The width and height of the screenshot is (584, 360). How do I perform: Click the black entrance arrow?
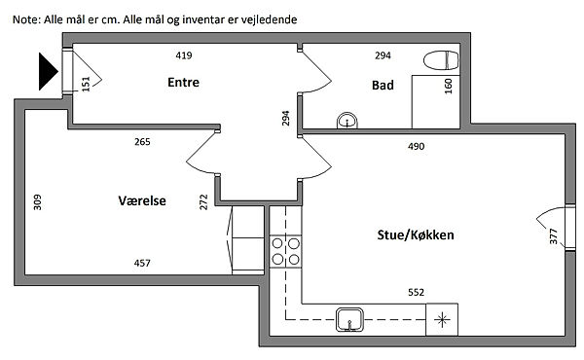tap(47, 71)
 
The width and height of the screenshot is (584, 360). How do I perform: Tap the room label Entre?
tap(183, 83)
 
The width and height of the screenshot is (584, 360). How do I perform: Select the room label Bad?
tap(383, 86)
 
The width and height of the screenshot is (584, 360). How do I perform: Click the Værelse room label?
tap(142, 200)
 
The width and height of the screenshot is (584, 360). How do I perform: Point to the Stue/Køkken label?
tap(416, 234)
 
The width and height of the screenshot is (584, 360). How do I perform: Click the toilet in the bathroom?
tap(441, 60)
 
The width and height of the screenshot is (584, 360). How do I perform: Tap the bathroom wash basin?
tap(347, 121)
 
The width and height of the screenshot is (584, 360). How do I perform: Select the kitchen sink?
tap(349, 319)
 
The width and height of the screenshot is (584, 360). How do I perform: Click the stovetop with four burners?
tap(285, 251)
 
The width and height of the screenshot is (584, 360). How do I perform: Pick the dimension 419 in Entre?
tap(184, 55)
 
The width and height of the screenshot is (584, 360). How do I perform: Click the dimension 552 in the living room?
tap(416, 292)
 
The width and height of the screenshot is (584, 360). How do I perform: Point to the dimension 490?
tap(416, 146)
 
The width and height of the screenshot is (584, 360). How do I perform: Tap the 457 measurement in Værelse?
tap(142, 264)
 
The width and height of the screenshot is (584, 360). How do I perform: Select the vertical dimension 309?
tap(37, 202)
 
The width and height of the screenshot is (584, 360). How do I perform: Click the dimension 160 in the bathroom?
tap(448, 86)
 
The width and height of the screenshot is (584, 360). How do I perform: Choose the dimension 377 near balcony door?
tap(554, 236)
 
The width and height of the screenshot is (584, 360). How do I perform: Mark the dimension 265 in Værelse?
tap(142, 142)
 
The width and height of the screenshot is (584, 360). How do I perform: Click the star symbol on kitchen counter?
tap(442, 319)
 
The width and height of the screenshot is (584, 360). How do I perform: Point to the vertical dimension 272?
tap(203, 202)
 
